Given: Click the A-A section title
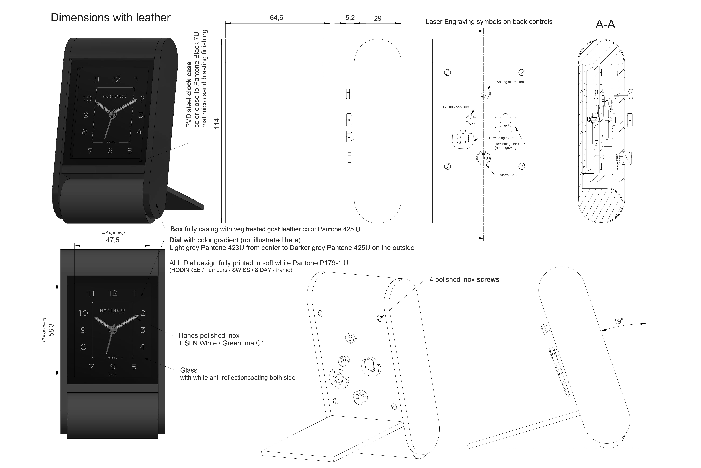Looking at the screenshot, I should tap(605, 25).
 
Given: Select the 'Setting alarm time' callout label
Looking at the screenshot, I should tap(510, 82).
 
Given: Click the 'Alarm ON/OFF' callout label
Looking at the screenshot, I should tap(511, 175).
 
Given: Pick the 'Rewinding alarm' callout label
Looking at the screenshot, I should tap(501, 138).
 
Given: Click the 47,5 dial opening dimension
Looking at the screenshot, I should tap(113, 240).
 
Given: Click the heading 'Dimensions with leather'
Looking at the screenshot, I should tap(111, 18).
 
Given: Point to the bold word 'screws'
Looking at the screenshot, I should tap(488, 280).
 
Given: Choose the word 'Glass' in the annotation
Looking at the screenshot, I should tap(189, 370).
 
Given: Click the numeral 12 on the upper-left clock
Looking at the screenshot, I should tap(116, 79).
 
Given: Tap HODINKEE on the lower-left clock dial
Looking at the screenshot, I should tap(113, 311).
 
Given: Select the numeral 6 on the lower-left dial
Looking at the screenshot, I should tap(113, 367).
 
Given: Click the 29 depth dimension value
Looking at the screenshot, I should tap(378, 18).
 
